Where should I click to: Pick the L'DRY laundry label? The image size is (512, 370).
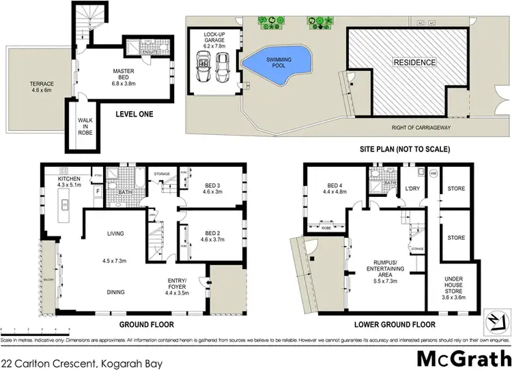coord(412,187)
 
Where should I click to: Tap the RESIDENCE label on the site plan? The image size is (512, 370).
coord(413,63)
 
